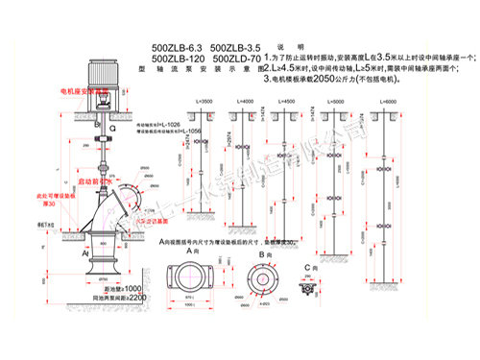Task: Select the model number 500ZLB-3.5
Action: [x=234, y=46]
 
